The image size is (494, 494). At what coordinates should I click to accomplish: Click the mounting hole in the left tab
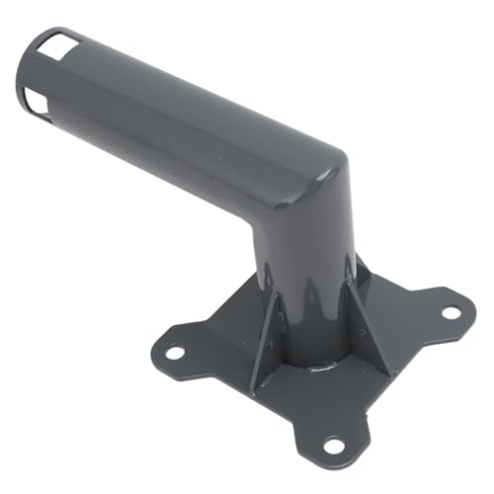[175, 351]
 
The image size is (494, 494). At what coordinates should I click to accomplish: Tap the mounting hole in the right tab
[450, 312]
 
